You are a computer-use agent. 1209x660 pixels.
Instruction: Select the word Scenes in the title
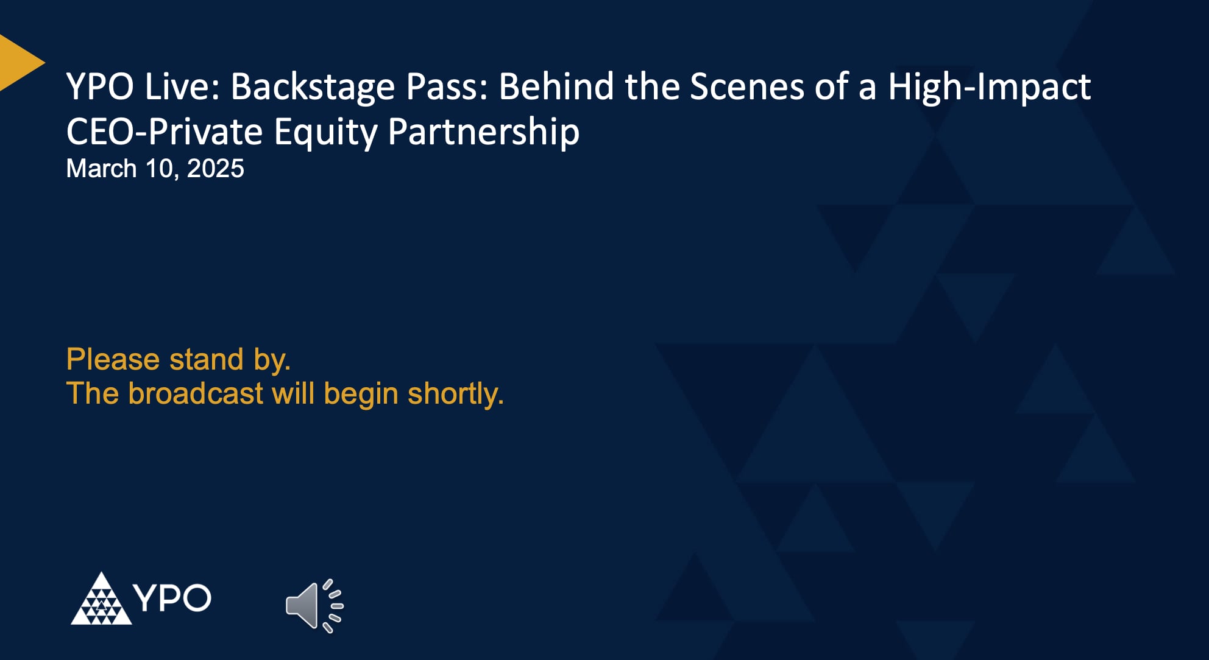pos(746,86)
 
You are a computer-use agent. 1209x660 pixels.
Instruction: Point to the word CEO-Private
pos(164,132)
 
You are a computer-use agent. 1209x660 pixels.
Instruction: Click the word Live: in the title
pos(182,86)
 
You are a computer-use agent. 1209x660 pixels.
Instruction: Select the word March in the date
pos(101,169)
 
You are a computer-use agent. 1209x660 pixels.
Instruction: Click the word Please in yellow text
pos(113,359)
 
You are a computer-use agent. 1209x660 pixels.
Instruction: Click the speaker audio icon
pos(314,606)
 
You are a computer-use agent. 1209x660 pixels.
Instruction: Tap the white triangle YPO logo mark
pos(101,600)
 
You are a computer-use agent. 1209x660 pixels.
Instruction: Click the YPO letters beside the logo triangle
pos(172,598)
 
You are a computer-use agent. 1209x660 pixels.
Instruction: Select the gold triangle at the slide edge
pos(18,63)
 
